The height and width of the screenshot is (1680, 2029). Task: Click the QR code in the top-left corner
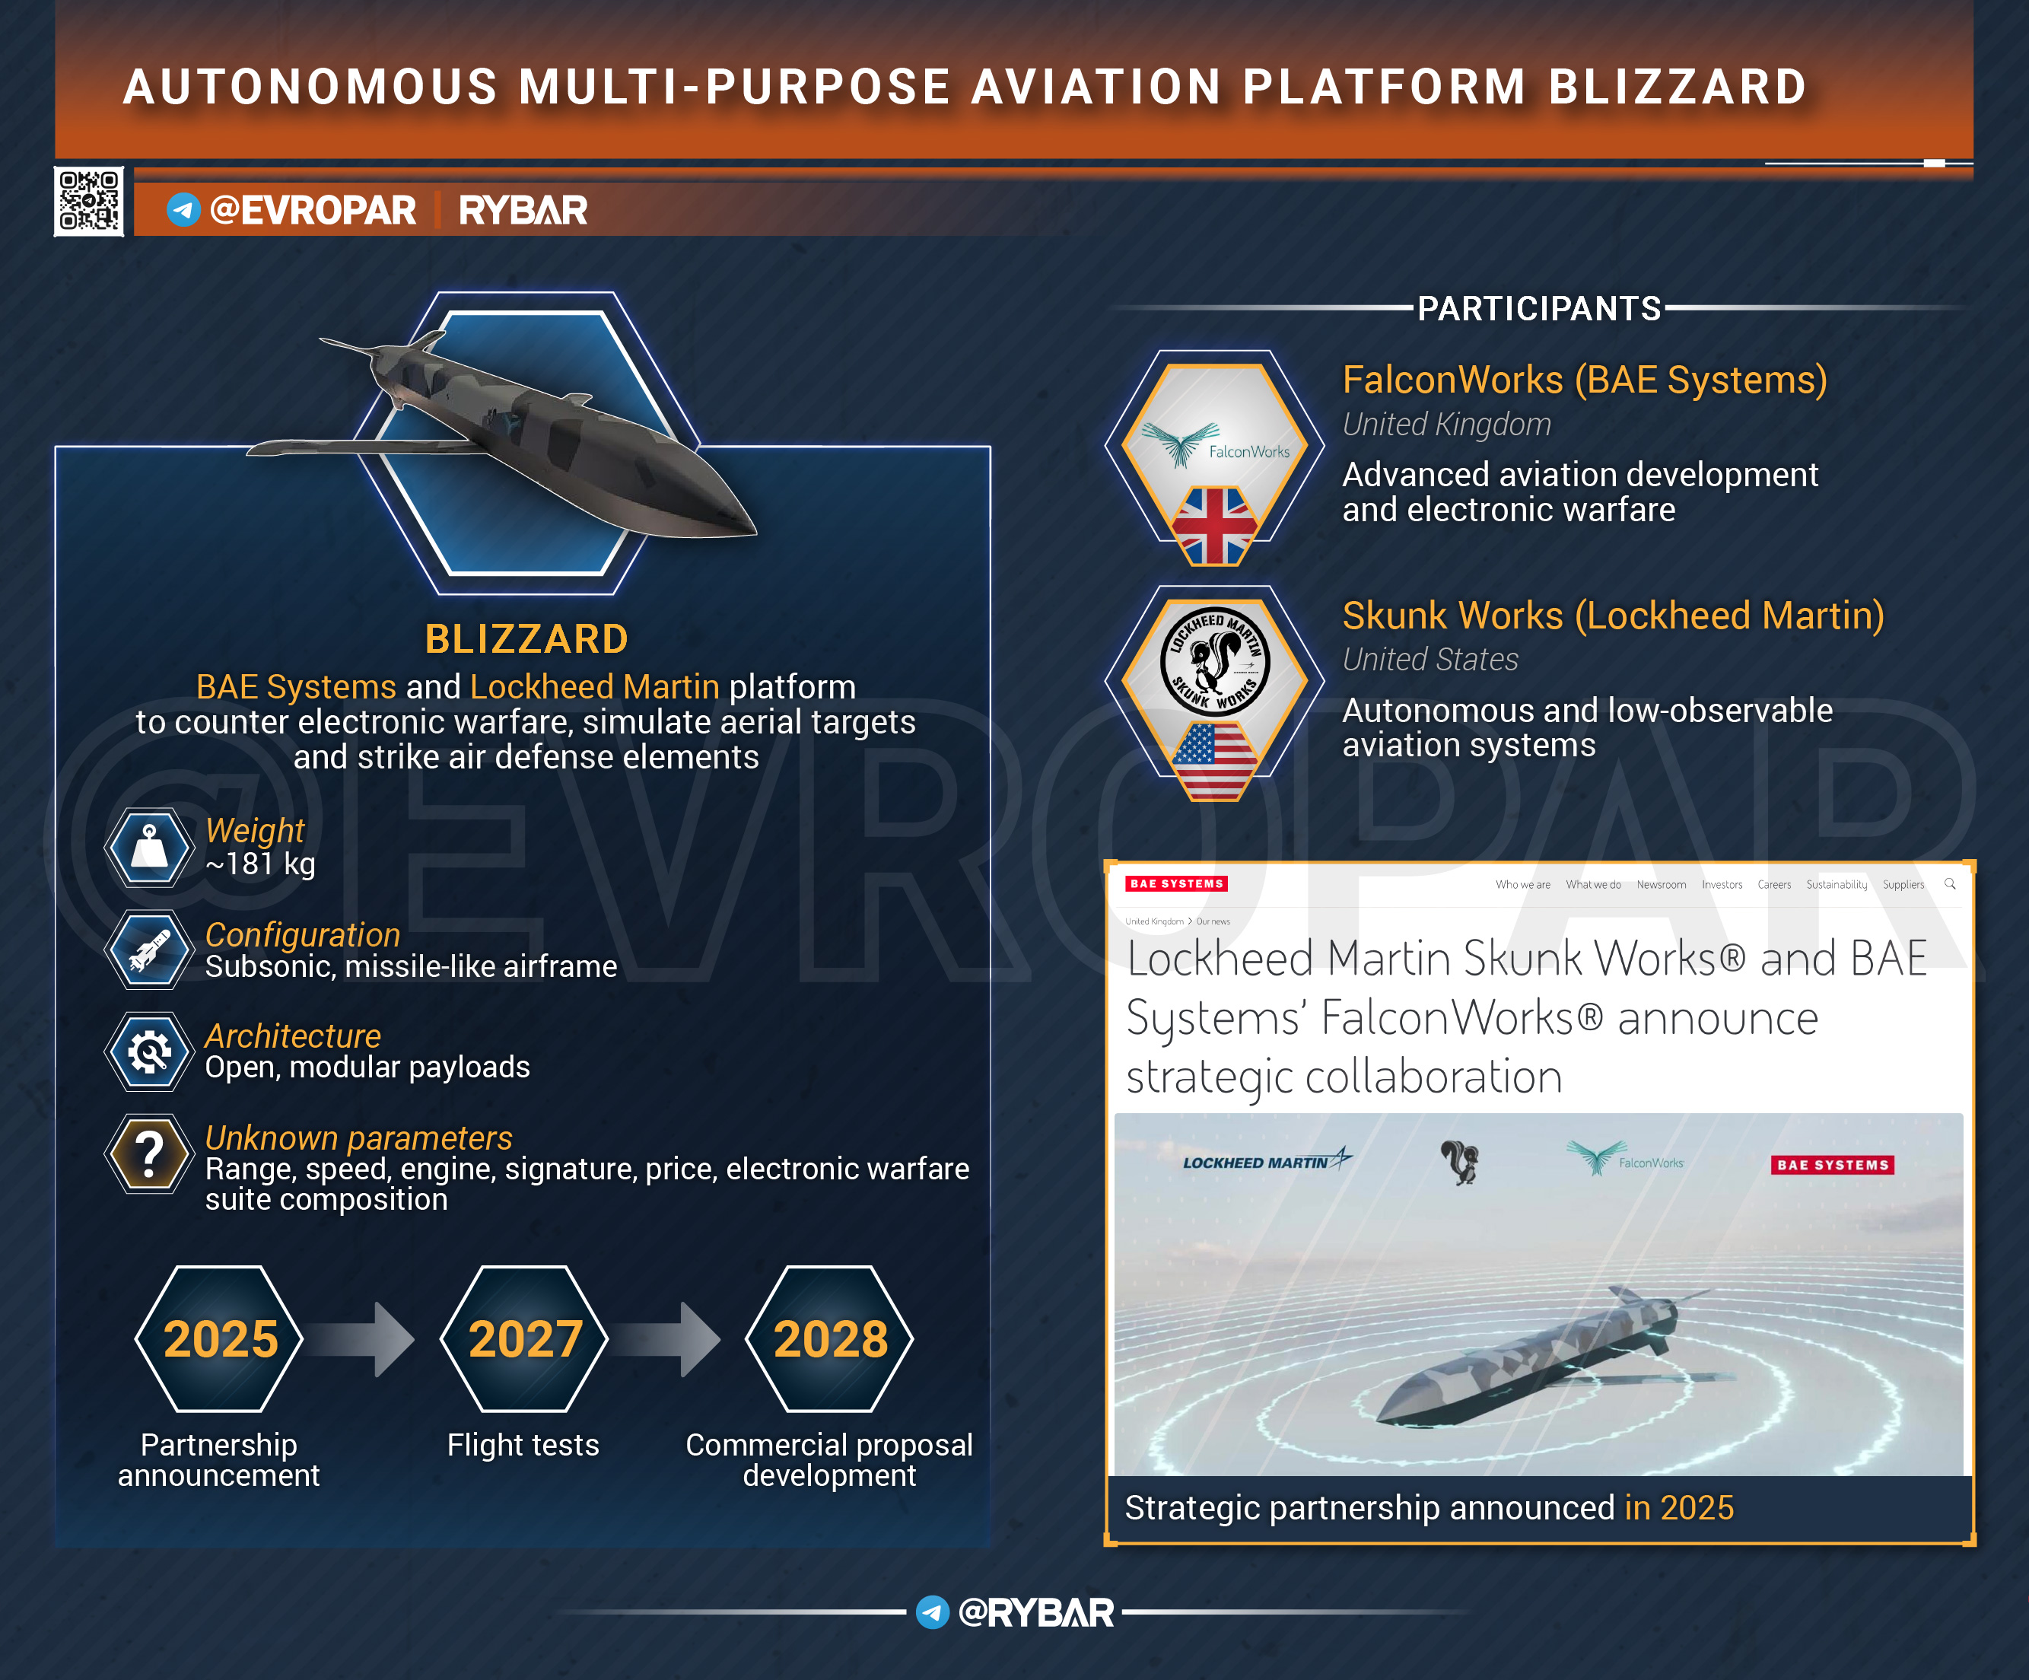point(89,201)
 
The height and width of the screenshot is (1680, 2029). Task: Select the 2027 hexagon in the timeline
point(525,1338)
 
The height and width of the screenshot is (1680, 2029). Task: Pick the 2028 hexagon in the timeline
point(830,1338)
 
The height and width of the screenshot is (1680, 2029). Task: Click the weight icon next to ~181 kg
point(149,848)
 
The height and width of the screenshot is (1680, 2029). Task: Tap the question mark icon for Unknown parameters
point(149,1153)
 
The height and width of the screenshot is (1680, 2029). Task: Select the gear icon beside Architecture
point(149,1051)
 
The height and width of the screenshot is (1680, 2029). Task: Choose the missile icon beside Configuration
point(149,950)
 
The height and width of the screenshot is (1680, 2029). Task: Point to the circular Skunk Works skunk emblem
point(1214,660)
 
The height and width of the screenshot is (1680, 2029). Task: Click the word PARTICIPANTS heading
point(1539,308)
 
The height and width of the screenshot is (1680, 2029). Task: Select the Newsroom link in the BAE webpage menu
point(1661,884)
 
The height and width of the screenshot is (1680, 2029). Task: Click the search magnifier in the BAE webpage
point(1950,883)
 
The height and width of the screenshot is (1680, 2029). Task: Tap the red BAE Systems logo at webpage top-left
point(1176,883)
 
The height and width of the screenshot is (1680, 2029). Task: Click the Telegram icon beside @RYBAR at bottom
point(933,1612)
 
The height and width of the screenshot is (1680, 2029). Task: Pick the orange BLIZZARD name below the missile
point(526,638)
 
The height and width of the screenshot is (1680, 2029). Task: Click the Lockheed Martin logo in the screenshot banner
point(1267,1160)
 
